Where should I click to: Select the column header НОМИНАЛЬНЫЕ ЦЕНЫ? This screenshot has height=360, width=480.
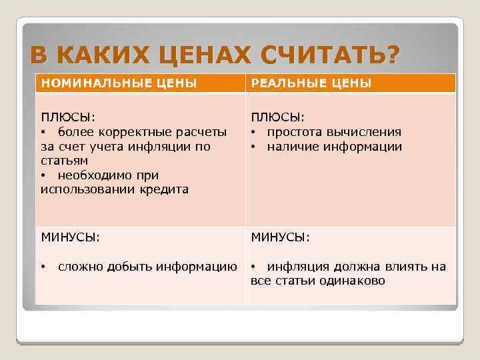[119, 83]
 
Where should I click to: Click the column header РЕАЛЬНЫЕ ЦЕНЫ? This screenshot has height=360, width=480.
[311, 83]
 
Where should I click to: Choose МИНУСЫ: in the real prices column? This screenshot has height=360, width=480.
[280, 237]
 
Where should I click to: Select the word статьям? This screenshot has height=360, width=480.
[64, 161]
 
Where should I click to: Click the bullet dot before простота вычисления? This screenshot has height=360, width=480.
[254, 132]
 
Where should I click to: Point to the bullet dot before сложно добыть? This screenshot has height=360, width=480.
[43, 267]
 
